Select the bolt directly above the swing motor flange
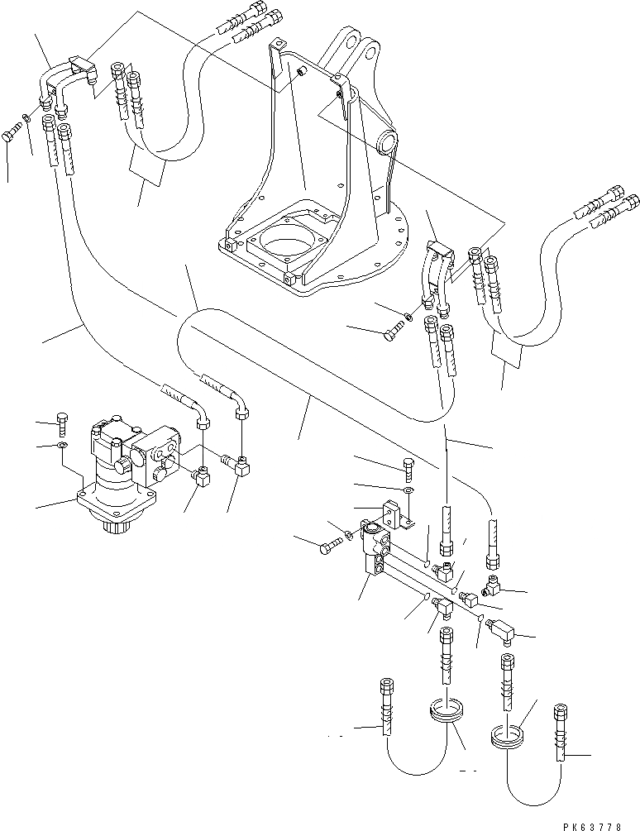(62, 423)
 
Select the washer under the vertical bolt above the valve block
(408, 490)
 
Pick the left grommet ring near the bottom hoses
(448, 711)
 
